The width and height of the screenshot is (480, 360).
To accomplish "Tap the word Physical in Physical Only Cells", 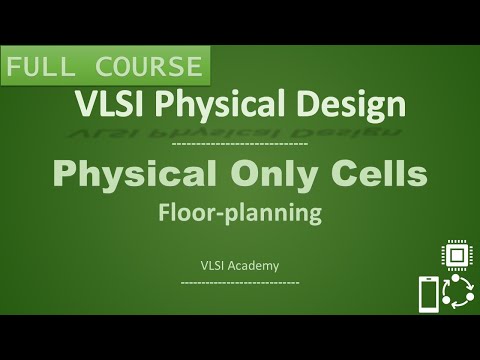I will click(x=138, y=177).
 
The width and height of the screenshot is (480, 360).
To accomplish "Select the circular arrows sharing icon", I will click(x=457, y=295).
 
